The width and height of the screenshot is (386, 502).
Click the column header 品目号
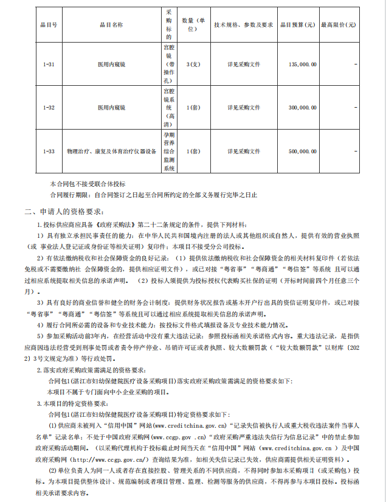[x=49, y=25]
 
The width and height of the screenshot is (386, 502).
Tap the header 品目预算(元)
[x=297, y=25]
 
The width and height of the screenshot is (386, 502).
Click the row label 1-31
[x=49, y=63]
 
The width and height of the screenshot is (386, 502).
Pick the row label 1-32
[x=49, y=107]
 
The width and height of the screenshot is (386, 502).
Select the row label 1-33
[x=49, y=151]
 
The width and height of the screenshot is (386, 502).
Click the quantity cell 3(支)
[x=193, y=63]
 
